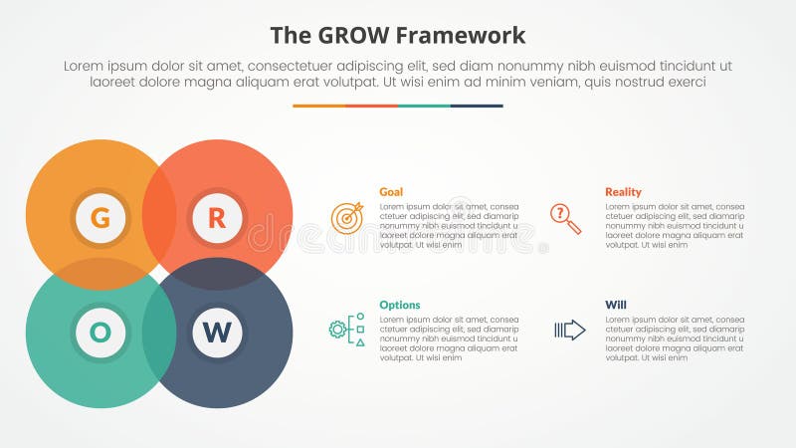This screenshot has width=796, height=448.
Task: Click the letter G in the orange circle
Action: (100, 218)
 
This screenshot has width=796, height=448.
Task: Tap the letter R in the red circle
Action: (217, 218)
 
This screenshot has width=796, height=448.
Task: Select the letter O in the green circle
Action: (100, 334)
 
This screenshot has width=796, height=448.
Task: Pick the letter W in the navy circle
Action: (217, 334)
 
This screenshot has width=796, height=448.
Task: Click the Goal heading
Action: (391, 192)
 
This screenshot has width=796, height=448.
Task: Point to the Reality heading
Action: (623, 192)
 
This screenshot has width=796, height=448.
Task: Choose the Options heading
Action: (399, 306)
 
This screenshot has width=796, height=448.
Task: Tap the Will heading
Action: (615, 306)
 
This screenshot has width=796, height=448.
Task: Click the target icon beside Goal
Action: (347, 217)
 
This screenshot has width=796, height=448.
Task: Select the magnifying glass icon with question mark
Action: (565, 218)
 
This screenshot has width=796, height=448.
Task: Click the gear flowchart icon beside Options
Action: (347, 330)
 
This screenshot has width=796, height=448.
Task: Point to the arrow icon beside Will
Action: (569, 330)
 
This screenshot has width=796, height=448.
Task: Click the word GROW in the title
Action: (347, 36)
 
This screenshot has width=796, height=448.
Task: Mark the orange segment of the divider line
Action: (318, 106)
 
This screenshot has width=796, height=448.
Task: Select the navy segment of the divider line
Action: (477, 106)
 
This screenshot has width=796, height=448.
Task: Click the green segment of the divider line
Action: (424, 106)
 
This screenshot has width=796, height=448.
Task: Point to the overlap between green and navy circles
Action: (159, 334)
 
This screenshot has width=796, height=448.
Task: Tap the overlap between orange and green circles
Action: (99, 274)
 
